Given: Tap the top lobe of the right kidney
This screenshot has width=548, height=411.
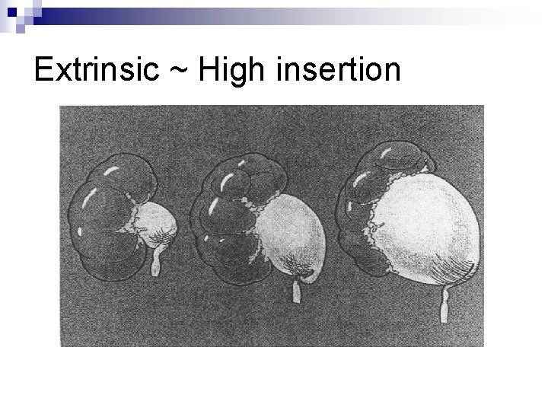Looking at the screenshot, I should (x=400, y=156).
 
